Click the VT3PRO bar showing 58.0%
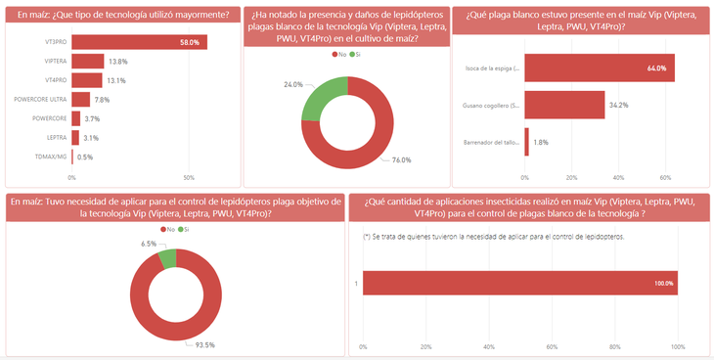[137, 43]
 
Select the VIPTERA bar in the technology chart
[87, 62]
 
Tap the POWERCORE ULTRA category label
[40, 100]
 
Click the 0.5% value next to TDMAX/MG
[85, 157]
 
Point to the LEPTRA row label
[55, 138]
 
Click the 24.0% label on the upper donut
[292, 85]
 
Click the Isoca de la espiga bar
[599, 68]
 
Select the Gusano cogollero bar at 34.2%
[564, 105]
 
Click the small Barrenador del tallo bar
[527, 142]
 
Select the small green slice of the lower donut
[167, 258]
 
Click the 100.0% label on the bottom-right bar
[662, 284]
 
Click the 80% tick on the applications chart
[615, 346]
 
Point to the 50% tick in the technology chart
[189, 178]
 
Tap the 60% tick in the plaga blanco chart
[665, 178]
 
